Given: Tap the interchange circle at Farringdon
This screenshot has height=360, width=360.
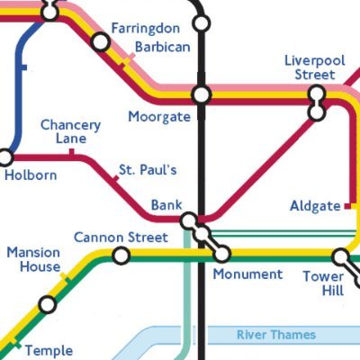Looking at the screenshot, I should tap(101, 42).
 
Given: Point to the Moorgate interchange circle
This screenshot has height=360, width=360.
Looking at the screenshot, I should tap(202, 94).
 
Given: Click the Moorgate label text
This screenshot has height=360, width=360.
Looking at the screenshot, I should tap(158, 117).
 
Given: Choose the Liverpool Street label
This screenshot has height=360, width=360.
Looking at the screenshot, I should tap(315, 67).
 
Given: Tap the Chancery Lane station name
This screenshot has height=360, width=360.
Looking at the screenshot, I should tap(70, 132).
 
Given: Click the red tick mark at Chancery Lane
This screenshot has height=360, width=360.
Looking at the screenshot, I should tap(71, 153).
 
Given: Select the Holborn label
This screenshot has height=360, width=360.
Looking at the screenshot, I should tap(31, 175).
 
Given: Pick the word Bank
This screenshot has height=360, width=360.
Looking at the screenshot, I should tap(166, 204).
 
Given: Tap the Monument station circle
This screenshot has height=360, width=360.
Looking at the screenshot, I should tap(221, 255).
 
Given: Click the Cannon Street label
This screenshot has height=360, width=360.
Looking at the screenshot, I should tap(121, 238).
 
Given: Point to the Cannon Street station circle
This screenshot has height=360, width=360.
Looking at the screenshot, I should tap(120, 256).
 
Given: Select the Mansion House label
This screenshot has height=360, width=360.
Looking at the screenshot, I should tap(33, 259).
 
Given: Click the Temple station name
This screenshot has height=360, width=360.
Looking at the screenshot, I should tap(48, 350).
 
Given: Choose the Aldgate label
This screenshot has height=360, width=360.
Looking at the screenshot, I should tap(315, 206).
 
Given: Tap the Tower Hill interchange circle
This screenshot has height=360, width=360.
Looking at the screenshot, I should tap(341, 256).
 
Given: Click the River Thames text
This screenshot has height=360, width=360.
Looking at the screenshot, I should tap(276, 335).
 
